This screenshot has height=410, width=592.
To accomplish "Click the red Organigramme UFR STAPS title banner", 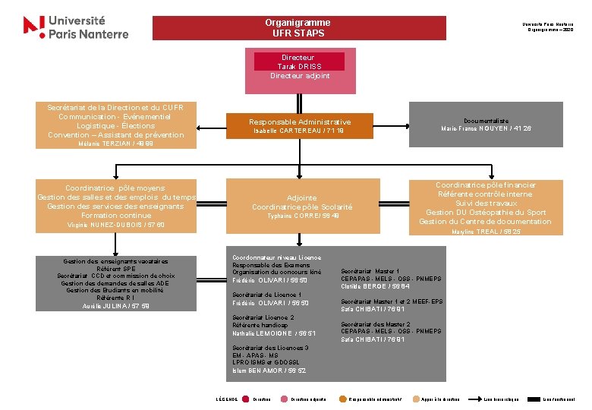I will click(297, 28).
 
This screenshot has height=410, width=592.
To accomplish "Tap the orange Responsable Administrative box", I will click(300, 125).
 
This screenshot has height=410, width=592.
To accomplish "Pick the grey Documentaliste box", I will click(486, 124).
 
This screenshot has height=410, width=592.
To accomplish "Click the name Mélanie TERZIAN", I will click(116, 143).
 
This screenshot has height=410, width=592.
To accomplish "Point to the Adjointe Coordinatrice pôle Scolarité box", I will click(302, 202).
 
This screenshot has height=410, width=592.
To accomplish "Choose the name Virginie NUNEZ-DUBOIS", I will click(116, 225).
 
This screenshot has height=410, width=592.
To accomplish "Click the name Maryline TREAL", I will click(486, 232).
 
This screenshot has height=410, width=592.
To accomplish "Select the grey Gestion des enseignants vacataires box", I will click(116, 282).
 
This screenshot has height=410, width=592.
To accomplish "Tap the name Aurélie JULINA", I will click(116, 306).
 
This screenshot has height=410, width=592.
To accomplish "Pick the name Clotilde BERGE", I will click(375, 286).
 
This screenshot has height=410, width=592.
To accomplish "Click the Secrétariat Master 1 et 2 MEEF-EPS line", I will click(392, 301).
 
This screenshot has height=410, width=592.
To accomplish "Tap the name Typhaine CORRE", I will click(302, 216).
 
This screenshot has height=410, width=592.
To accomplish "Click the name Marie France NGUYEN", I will click(486, 128).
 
